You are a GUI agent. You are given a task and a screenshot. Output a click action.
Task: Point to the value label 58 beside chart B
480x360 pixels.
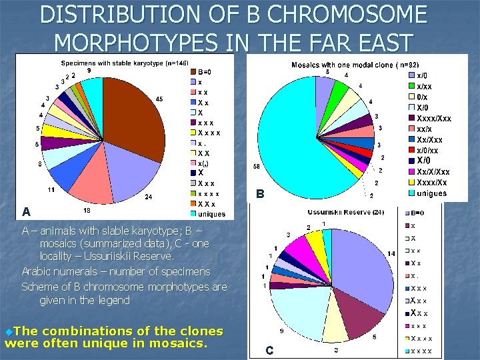(257, 166)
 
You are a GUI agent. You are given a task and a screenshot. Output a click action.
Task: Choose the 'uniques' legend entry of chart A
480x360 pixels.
(211, 214)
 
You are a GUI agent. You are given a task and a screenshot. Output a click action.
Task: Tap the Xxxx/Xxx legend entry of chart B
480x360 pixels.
(433, 119)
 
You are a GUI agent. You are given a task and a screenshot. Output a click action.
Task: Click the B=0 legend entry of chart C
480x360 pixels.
(417, 213)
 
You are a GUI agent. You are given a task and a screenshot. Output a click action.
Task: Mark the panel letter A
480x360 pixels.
(26, 212)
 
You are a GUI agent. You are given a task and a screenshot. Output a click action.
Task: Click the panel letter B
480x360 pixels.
(261, 195)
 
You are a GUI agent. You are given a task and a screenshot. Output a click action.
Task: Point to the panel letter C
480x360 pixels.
(269, 350)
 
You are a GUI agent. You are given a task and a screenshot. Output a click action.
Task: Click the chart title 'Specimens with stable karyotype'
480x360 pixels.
(113, 63)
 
